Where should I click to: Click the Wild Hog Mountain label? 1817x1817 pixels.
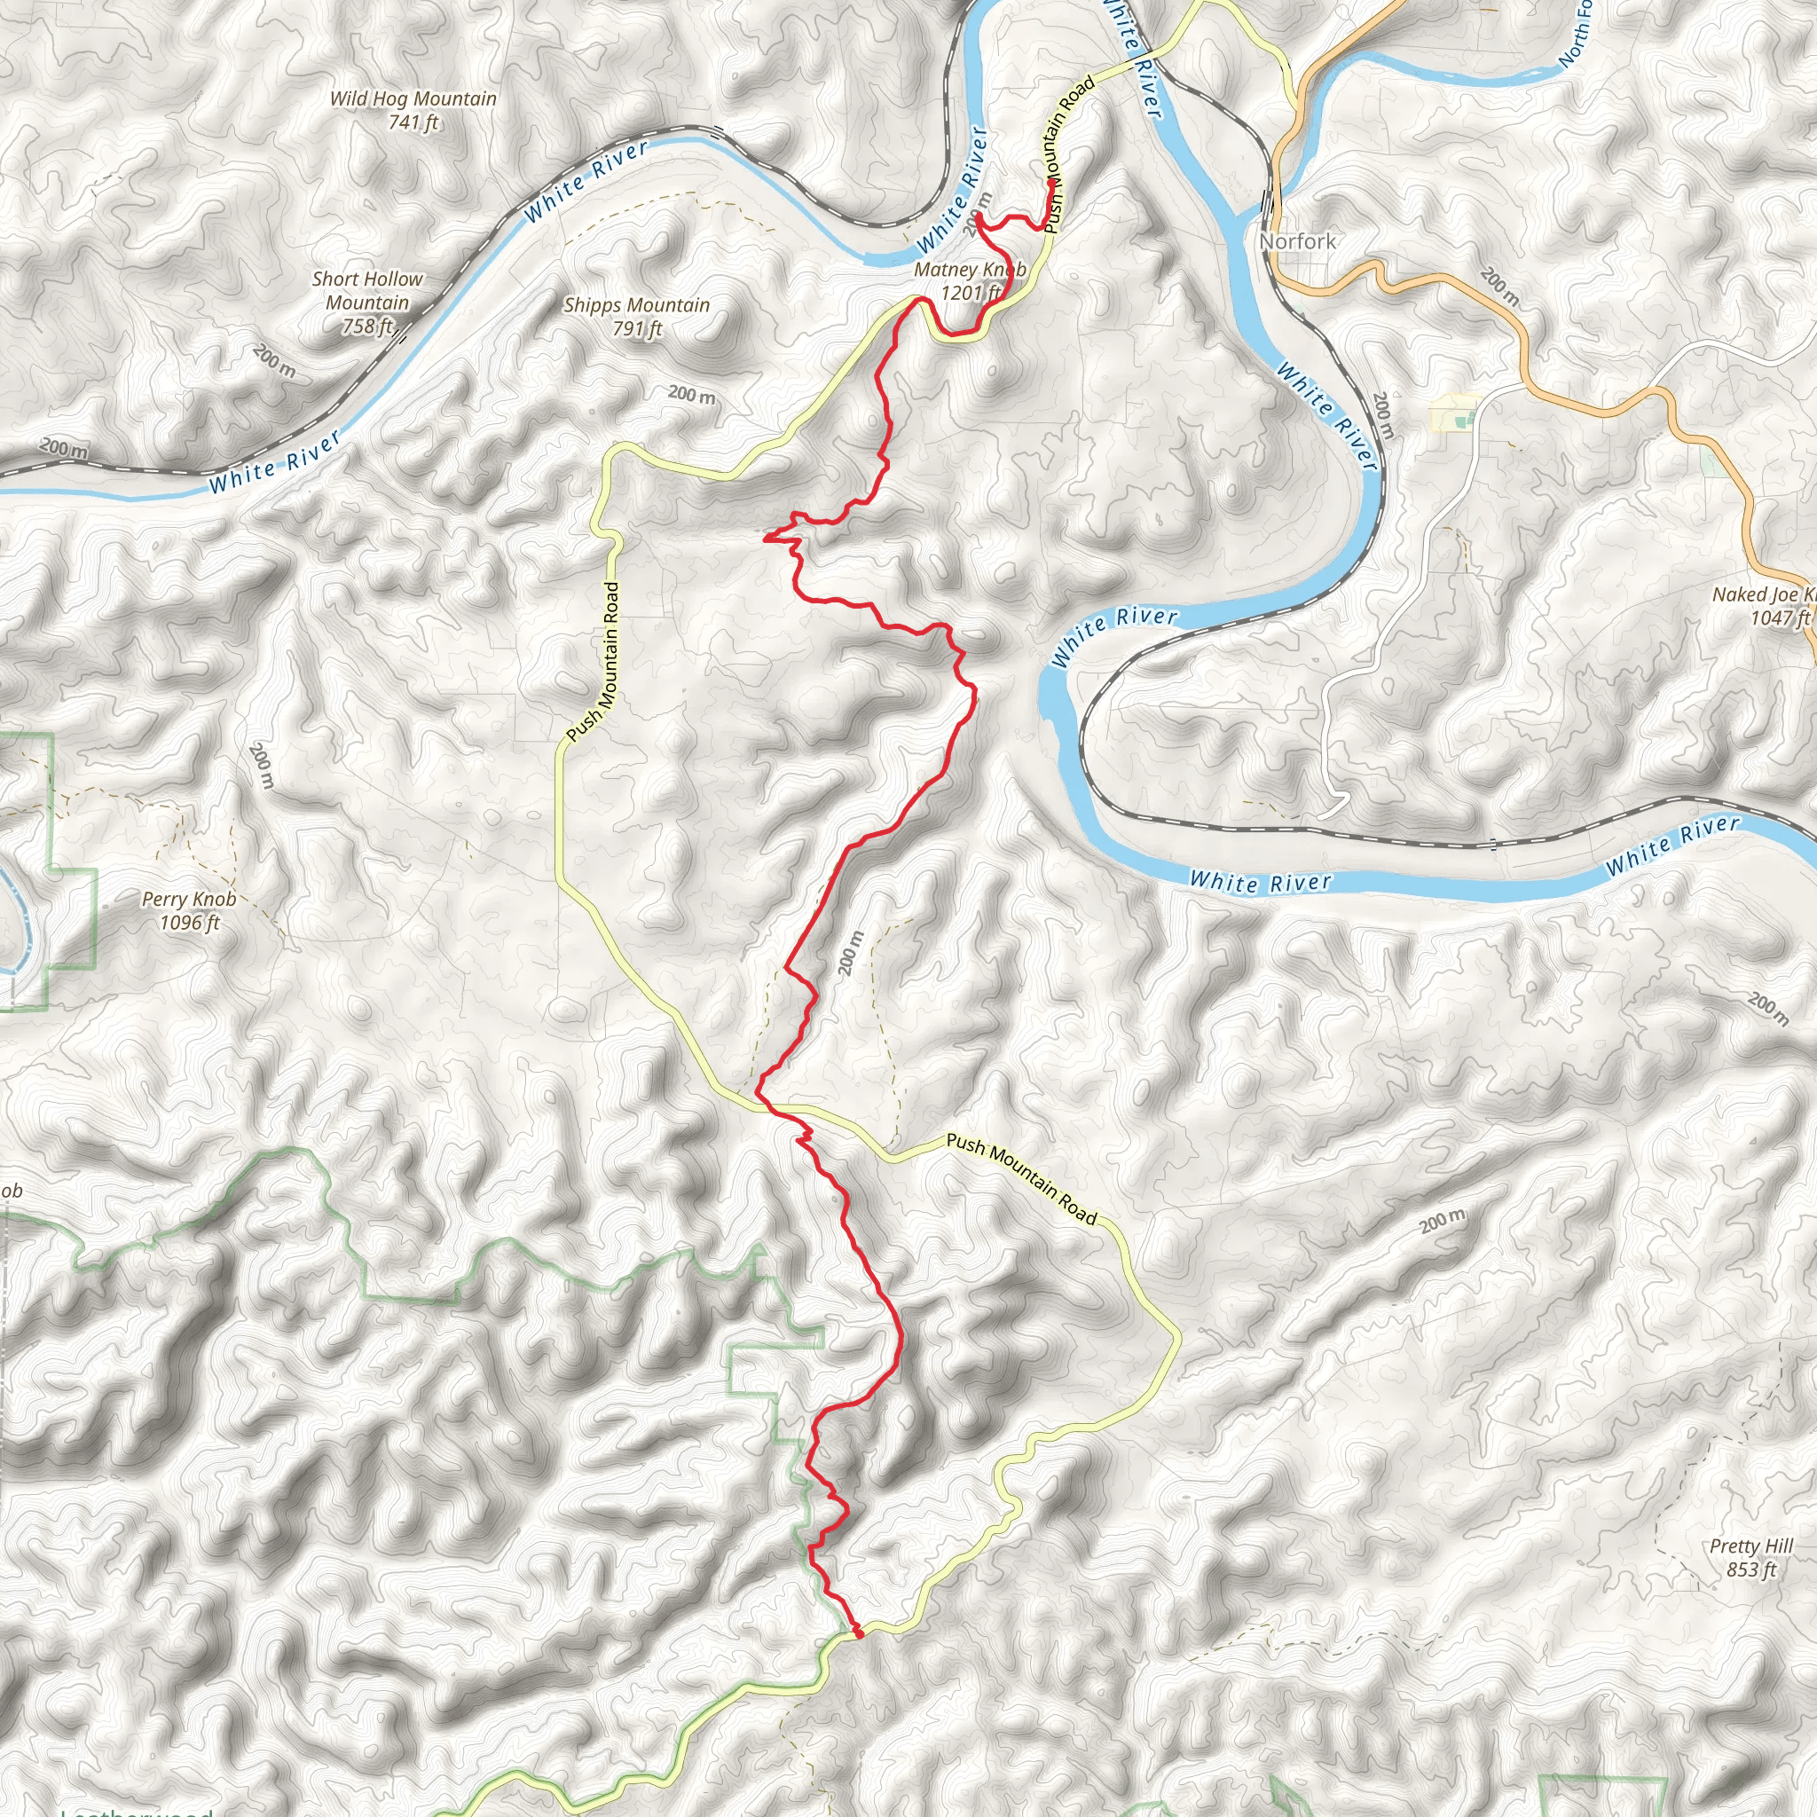[x=413, y=98]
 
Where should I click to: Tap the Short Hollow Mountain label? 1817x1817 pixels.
[x=366, y=291]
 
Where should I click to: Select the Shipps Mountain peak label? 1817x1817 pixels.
[x=637, y=306]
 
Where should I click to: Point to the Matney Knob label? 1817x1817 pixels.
[x=970, y=270]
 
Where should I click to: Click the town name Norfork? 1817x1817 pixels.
[x=1297, y=241]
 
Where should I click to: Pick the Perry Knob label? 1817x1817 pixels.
[x=189, y=899]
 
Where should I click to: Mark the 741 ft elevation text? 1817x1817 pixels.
[x=413, y=122]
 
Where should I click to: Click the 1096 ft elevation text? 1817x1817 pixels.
[x=189, y=923]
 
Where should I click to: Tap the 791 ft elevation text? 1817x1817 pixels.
[x=637, y=329]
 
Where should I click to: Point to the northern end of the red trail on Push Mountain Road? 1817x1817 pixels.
[x=1050, y=182]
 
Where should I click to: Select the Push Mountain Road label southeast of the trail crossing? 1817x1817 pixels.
[x=1021, y=1179]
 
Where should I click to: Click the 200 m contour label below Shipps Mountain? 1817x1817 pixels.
[x=691, y=395]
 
